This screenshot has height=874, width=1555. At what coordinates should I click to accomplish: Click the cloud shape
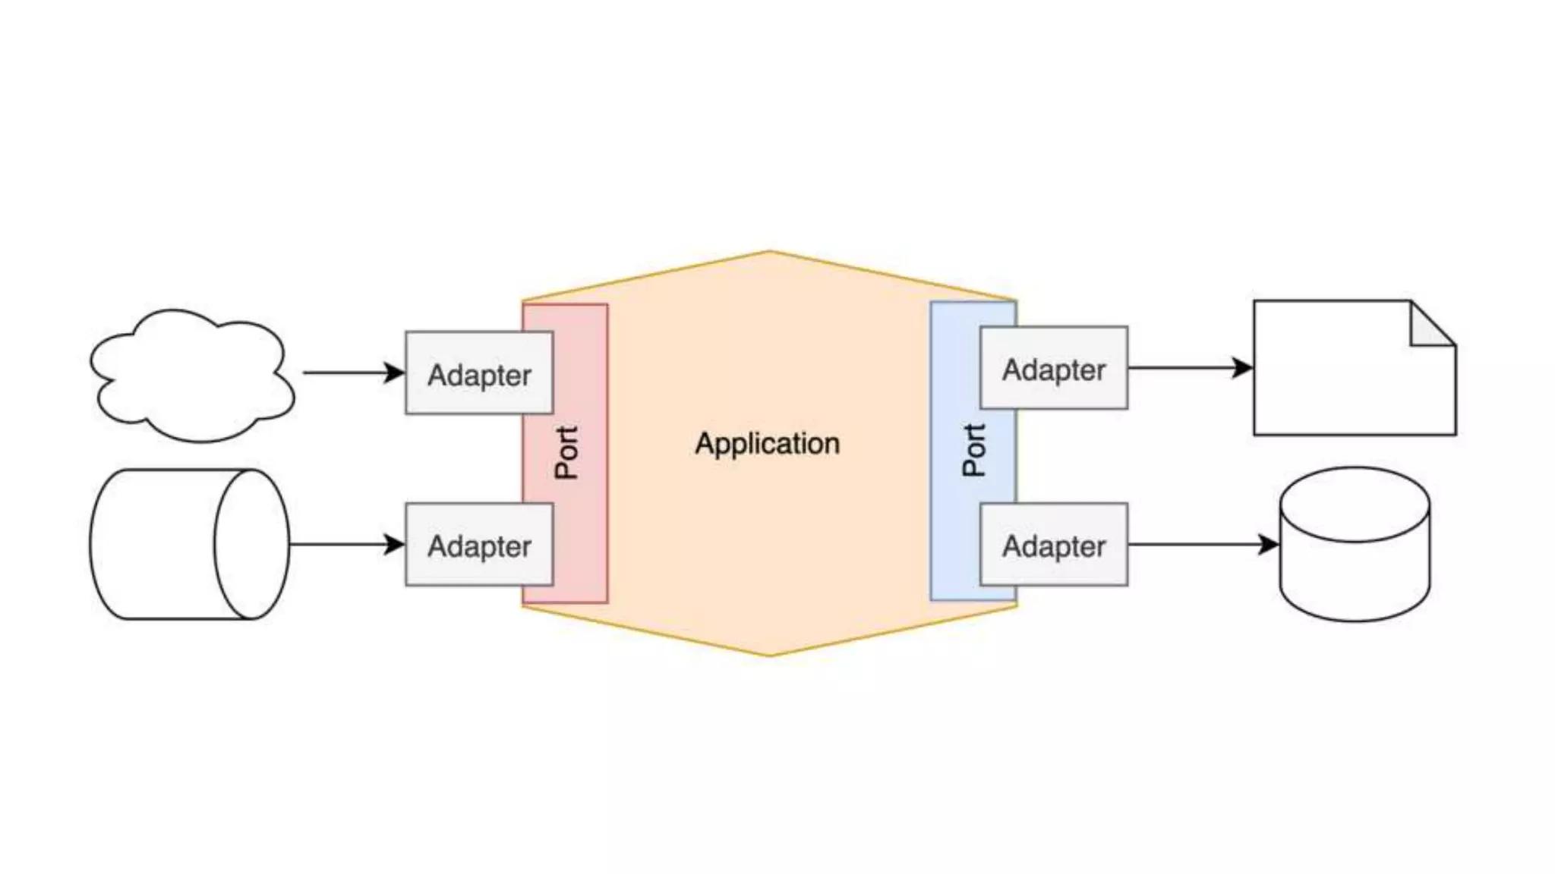[x=191, y=376]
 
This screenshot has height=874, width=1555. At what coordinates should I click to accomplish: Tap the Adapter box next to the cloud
[x=478, y=373]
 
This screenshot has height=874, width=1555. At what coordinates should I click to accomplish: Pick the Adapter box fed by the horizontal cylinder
[x=478, y=545]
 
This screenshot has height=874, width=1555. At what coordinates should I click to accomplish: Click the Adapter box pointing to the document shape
[x=1053, y=369]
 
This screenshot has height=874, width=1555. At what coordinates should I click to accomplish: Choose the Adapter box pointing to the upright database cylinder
[x=1053, y=545]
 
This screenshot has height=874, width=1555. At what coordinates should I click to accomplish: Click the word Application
[x=767, y=444]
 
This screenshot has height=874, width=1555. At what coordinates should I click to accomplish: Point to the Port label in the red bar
[x=566, y=452]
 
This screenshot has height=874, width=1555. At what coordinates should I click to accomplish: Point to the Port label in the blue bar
[x=973, y=450]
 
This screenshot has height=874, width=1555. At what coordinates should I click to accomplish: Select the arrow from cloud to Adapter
[x=349, y=373]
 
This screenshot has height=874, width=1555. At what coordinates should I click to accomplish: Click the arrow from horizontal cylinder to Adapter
[x=342, y=544]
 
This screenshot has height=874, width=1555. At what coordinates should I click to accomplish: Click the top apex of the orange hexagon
[x=768, y=252]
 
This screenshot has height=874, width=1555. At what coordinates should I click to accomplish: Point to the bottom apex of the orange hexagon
[x=768, y=654]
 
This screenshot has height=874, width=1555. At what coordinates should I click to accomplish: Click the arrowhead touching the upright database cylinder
[x=1268, y=544]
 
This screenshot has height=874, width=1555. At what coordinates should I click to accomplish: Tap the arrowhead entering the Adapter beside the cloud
[x=394, y=373]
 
